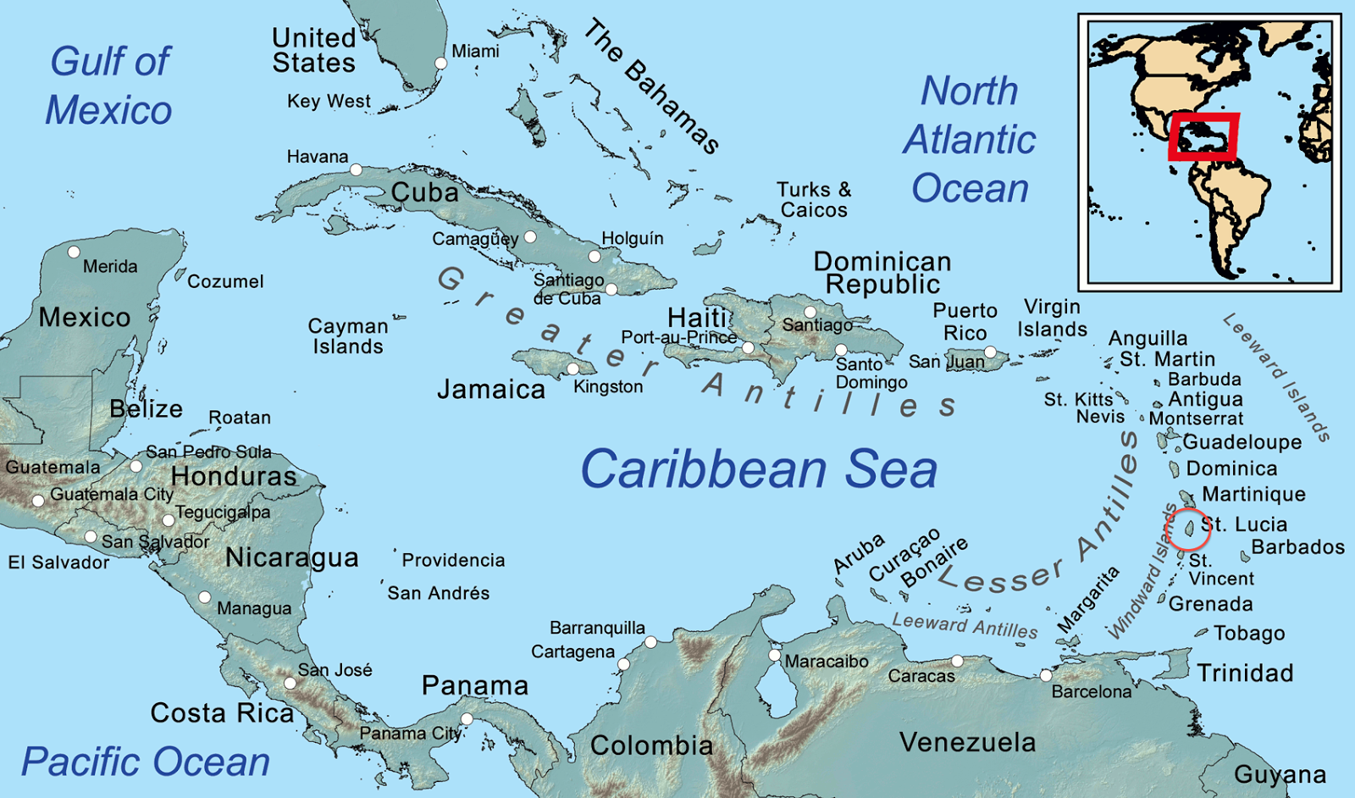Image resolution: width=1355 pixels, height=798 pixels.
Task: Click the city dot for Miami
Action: (x=440, y=64)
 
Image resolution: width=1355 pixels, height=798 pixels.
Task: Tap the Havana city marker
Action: (x=357, y=170)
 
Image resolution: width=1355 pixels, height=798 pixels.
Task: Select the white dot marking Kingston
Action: (x=573, y=369)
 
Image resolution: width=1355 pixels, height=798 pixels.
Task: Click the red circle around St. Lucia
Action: (x=1188, y=529)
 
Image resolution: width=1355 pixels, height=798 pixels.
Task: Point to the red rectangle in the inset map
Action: (x=1203, y=136)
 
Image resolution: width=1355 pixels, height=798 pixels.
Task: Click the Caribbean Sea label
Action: (x=759, y=469)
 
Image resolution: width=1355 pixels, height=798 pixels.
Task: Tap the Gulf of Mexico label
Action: (x=109, y=86)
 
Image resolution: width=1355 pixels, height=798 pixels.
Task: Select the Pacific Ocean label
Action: (x=146, y=762)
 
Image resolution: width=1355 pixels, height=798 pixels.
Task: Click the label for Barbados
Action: (x=1297, y=547)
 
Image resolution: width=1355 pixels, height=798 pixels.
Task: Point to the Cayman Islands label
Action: (x=347, y=336)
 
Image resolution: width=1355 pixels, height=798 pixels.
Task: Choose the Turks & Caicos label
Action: (x=814, y=200)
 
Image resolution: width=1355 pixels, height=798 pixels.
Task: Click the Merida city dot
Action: (x=74, y=252)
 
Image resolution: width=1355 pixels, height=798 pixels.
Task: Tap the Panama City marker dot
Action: (x=466, y=719)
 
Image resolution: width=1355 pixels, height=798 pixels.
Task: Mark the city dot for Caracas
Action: (x=957, y=661)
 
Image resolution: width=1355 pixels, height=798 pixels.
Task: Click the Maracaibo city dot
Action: (x=774, y=655)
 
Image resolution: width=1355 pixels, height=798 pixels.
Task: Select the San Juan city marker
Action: (x=990, y=352)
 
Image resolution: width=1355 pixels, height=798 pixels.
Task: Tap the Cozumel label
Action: (x=225, y=281)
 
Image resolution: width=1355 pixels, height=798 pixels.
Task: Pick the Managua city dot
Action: (x=204, y=597)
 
